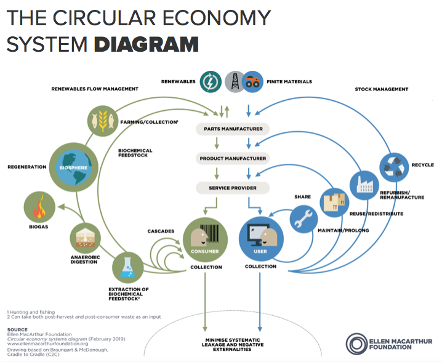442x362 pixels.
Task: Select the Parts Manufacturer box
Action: (x=233, y=129)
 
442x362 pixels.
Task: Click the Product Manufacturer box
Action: (x=233, y=158)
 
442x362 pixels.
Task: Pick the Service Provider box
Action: (x=233, y=187)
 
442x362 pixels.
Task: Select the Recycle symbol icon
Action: (x=395, y=166)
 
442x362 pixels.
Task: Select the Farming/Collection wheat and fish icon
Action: (x=102, y=121)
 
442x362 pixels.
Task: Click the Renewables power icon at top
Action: (x=211, y=81)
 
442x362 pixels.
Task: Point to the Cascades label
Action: (x=161, y=231)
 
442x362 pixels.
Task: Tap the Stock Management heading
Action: (x=382, y=90)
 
